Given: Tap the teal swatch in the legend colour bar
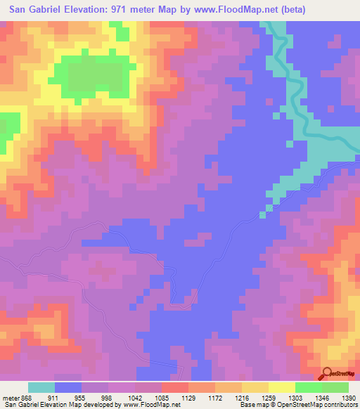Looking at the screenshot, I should [41, 387].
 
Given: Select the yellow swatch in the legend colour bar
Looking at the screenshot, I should [281, 387].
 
